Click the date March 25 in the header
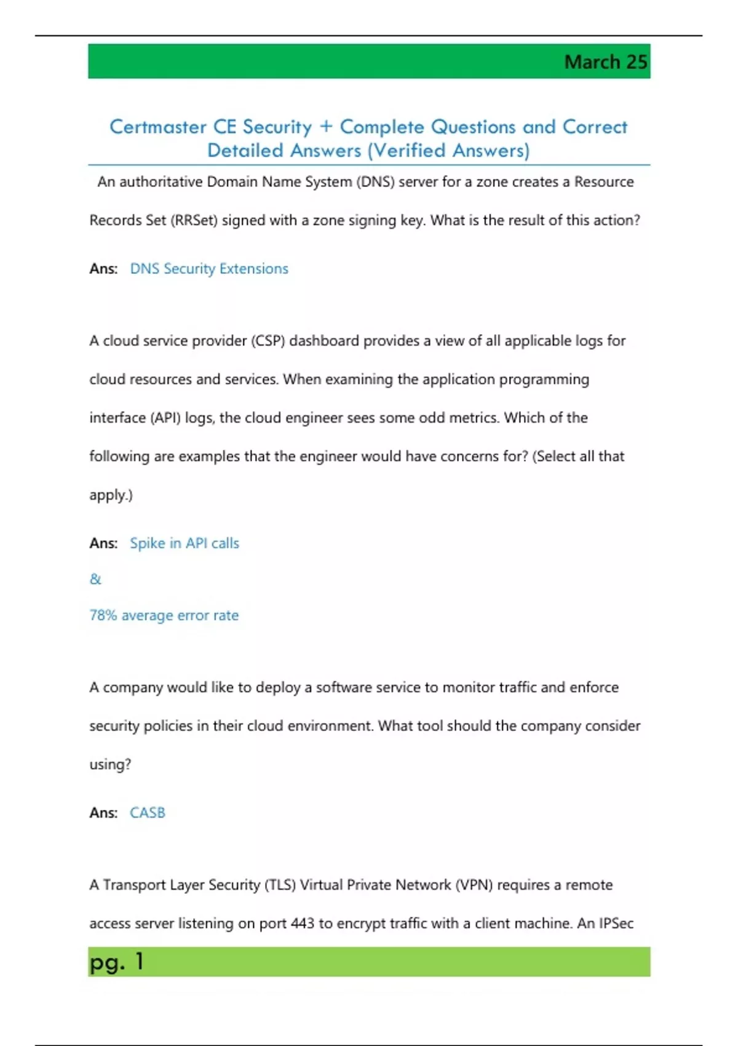[605, 62]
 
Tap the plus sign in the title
[326, 127]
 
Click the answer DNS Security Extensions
[208, 269]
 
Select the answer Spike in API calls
[184, 543]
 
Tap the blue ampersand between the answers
[95, 579]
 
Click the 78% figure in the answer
[103, 615]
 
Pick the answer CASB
[148, 813]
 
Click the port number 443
[302, 924]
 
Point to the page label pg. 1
[116, 962]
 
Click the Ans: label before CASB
[103, 813]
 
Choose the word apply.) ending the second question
[111, 495]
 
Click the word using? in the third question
[110, 765]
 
